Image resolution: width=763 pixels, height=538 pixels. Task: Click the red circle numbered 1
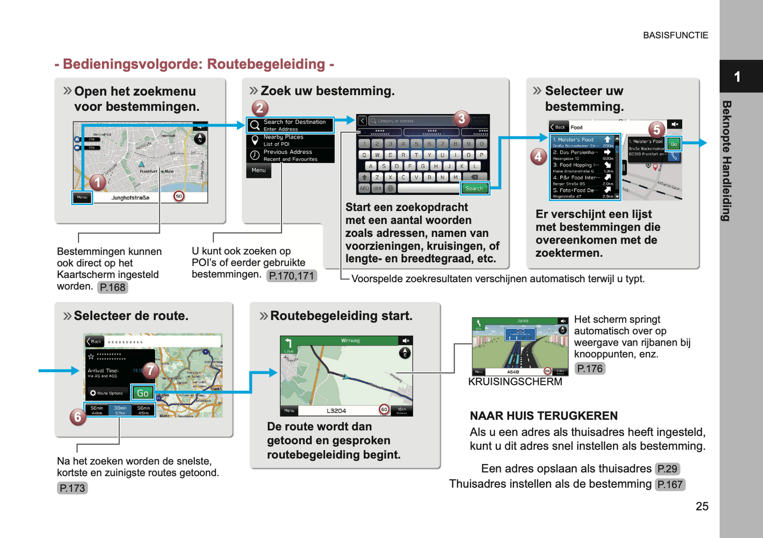tap(97, 183)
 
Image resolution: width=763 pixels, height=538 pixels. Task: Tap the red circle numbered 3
tap(461, 119)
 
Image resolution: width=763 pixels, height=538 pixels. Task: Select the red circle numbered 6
tap(78, 417)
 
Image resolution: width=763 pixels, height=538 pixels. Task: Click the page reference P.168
tap(112, 287)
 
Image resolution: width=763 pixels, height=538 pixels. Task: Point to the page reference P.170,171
tap(291, 276)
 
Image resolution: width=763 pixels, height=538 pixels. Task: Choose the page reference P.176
tap(589, 368)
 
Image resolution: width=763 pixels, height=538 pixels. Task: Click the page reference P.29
tap(667, 469)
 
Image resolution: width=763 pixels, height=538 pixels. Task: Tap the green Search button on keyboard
tap(474, 188)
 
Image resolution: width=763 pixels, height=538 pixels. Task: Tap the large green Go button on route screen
tap(143, 393)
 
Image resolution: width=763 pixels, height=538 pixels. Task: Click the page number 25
tap(702, 506)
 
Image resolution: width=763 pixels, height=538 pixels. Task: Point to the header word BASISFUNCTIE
tap(675, 35)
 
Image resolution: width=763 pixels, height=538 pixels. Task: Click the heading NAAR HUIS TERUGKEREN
tap(543, 415)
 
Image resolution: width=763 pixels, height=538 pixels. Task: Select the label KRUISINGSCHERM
tap(515, 382)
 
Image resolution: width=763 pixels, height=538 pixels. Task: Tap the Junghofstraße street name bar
tap(130, 198)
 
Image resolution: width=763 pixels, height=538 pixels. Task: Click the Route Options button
tap(107, 393)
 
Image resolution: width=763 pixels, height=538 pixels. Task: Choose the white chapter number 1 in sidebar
tap(737, 77)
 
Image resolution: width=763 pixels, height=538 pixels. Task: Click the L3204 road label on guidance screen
tap(336, 411)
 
